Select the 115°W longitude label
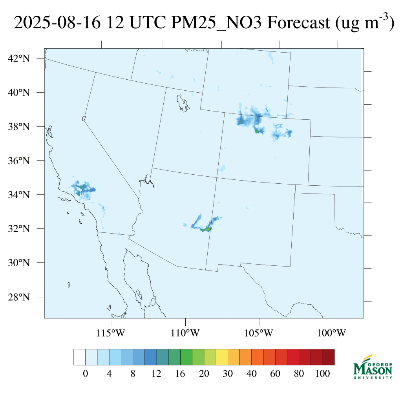[x=111, y=333]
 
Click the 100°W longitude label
[x=332, y=333]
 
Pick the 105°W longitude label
[x=259, y=333]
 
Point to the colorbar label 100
[x=322, y=374]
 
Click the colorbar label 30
[x=228, y=374]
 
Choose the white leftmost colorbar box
[x=79, y=357]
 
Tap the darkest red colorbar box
[x=328, y=357]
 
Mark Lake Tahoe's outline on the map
[x=84, y=118]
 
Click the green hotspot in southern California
[x=79, y=194]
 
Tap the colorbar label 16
[x=180, y=374]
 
